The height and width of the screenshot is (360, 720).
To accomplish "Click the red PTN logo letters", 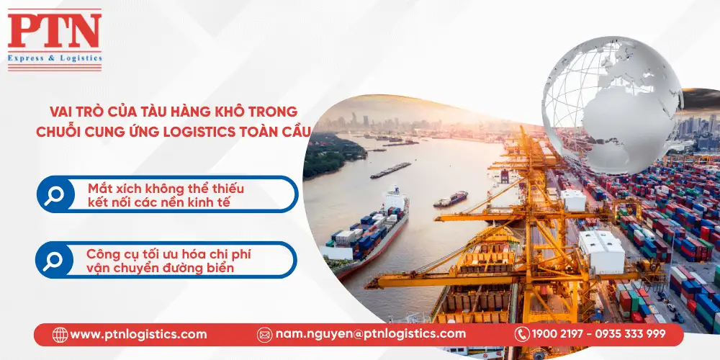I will [55, 31].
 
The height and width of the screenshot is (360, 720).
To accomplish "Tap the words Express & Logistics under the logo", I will [55, 58].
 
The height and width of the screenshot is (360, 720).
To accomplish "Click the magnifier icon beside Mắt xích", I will [54, 195].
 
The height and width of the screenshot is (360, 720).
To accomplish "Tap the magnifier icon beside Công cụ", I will [53, 260].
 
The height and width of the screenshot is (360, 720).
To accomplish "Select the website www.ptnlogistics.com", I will [138, 334].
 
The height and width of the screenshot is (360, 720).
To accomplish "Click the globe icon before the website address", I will [60, 334].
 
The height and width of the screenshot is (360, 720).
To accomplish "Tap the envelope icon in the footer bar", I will [264, 334].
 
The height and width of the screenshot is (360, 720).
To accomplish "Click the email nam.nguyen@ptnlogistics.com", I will [370, 334].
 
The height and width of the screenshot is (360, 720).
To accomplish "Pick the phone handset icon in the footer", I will [522, 334].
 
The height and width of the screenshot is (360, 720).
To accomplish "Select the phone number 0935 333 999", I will [635, 334].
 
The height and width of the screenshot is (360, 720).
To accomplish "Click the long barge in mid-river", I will [391, 170].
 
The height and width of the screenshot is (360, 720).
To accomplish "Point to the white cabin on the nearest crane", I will [601, 251].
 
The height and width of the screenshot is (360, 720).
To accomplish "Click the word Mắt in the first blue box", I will [99, 189].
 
